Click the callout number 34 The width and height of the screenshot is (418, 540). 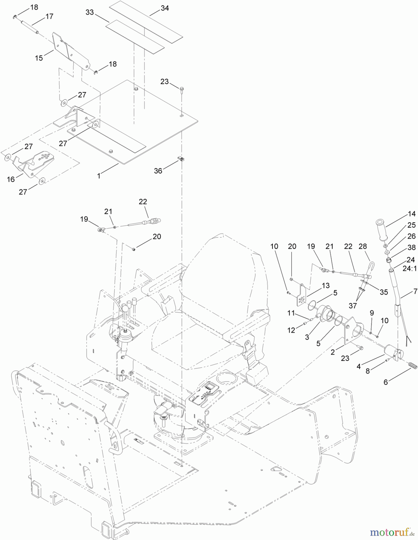coord(165,8)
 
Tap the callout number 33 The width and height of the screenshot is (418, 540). coord(90,12)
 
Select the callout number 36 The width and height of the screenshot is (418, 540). coord(158,171)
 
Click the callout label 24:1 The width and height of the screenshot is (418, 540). coord(409,269)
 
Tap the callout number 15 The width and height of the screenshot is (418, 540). coord(39,58)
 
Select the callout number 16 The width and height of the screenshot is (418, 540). coord(11,179)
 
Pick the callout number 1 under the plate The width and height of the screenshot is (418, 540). coord(99,176)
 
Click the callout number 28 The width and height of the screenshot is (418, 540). coord(362,246)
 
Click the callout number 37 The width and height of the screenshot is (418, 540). coord(353,305)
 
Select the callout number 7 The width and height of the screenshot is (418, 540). coord(415,291)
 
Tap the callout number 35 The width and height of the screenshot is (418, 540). coord(383,292)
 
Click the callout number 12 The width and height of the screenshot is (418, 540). coord(291,330)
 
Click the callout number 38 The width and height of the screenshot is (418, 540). coord(412,247)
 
